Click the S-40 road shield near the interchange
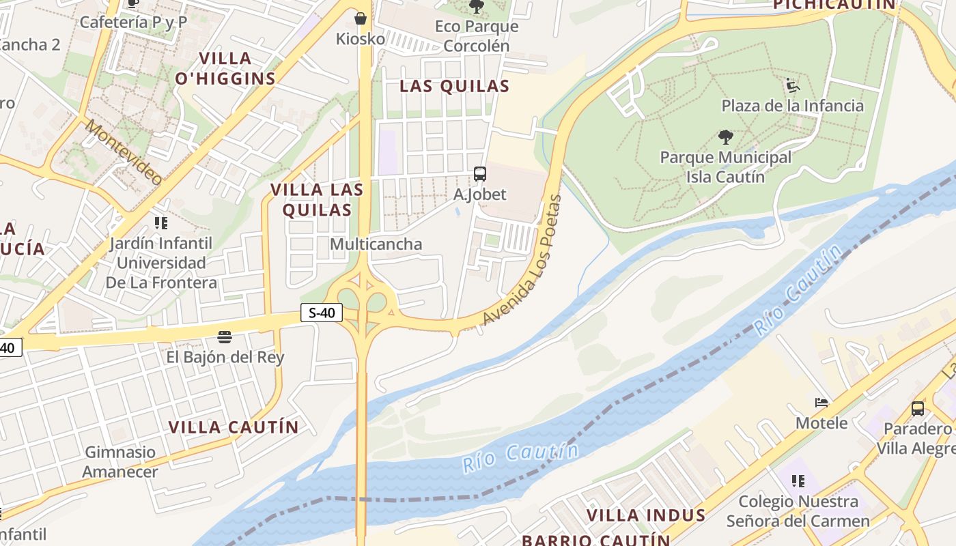322,313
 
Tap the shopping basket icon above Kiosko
361,18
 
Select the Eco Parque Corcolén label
477,36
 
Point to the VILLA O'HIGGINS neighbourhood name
225,68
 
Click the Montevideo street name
124,152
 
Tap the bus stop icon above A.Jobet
480,174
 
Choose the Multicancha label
376,244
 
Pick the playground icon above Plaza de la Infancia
793,86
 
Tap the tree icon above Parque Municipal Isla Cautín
726,138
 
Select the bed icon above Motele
821,403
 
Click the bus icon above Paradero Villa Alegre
918,409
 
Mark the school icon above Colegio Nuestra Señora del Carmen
798,481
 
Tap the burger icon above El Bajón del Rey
225,336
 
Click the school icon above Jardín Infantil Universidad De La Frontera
161,222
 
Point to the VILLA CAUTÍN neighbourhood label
234,427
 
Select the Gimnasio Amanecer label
120,461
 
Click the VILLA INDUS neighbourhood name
646,515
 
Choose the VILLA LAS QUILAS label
317,199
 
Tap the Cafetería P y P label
133,22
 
